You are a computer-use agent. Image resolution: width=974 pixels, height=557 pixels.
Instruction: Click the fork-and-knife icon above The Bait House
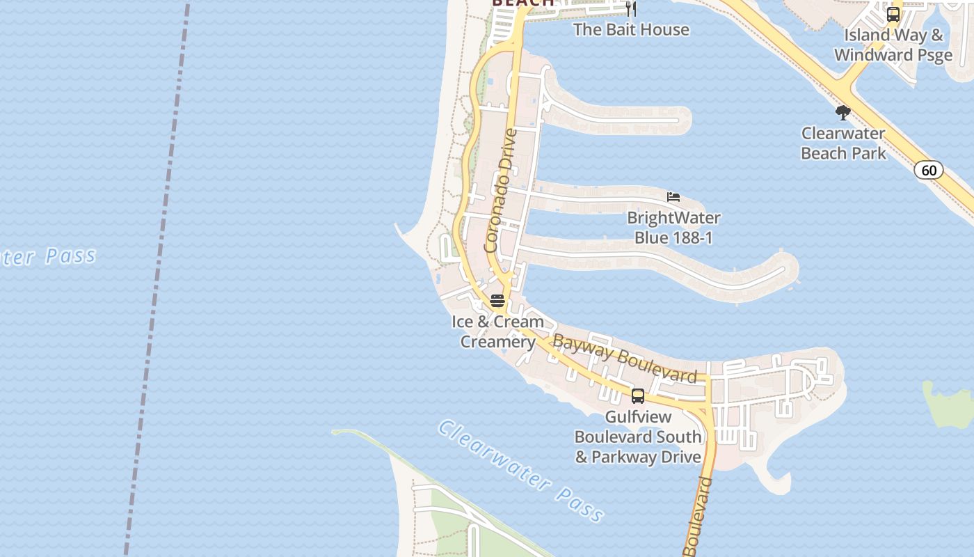[x=630, y=9]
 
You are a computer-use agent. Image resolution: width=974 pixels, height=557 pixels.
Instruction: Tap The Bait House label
[x=631, y=29]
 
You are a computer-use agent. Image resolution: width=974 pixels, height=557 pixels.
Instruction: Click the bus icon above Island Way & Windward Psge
[x=893, y=14]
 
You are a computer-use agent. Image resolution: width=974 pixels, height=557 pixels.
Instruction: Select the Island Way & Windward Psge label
[x=893, y=45]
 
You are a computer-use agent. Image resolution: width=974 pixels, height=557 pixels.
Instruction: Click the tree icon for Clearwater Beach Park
[x=843, y=113]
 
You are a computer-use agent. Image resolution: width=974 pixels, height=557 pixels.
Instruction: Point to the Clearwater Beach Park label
[x=843, y=143]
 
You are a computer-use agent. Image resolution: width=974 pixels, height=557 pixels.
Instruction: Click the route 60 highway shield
[x=929, y=170]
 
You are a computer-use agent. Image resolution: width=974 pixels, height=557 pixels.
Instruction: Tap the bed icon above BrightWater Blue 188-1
[x=673, y=197]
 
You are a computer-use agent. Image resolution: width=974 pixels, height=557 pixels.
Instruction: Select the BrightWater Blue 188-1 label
[x=673, y=228]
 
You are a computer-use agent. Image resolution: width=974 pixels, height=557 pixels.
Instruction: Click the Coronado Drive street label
[x=501, y=190]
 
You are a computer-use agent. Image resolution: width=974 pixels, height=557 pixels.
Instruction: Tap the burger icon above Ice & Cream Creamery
[x=497, y=301]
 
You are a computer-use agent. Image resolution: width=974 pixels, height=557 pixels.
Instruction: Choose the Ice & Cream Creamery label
[x=497, y=332]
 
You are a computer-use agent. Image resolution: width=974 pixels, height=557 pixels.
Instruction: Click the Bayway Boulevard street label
[x=624, y=359]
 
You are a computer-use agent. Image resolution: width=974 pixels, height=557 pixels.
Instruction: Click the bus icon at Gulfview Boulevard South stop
[x=637, y=396]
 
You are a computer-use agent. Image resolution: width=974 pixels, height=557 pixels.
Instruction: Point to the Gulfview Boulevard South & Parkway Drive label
[x=638, y=437]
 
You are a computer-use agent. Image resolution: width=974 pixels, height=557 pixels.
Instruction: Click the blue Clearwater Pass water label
[x=520, y=471]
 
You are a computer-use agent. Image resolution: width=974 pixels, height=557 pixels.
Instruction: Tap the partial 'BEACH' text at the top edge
[x=523, y=3]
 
